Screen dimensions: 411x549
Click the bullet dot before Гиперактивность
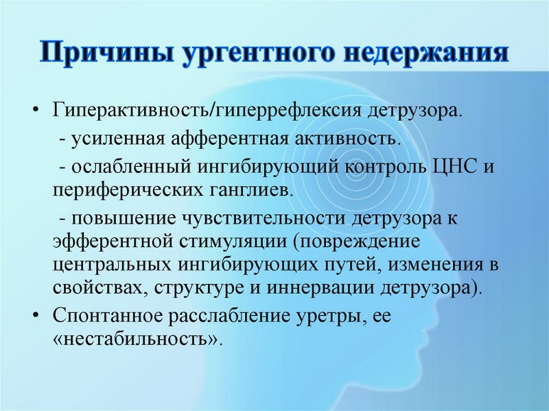point(36,111)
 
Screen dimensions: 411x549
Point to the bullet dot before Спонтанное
point(36,316)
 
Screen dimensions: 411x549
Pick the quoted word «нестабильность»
point(137,340)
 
